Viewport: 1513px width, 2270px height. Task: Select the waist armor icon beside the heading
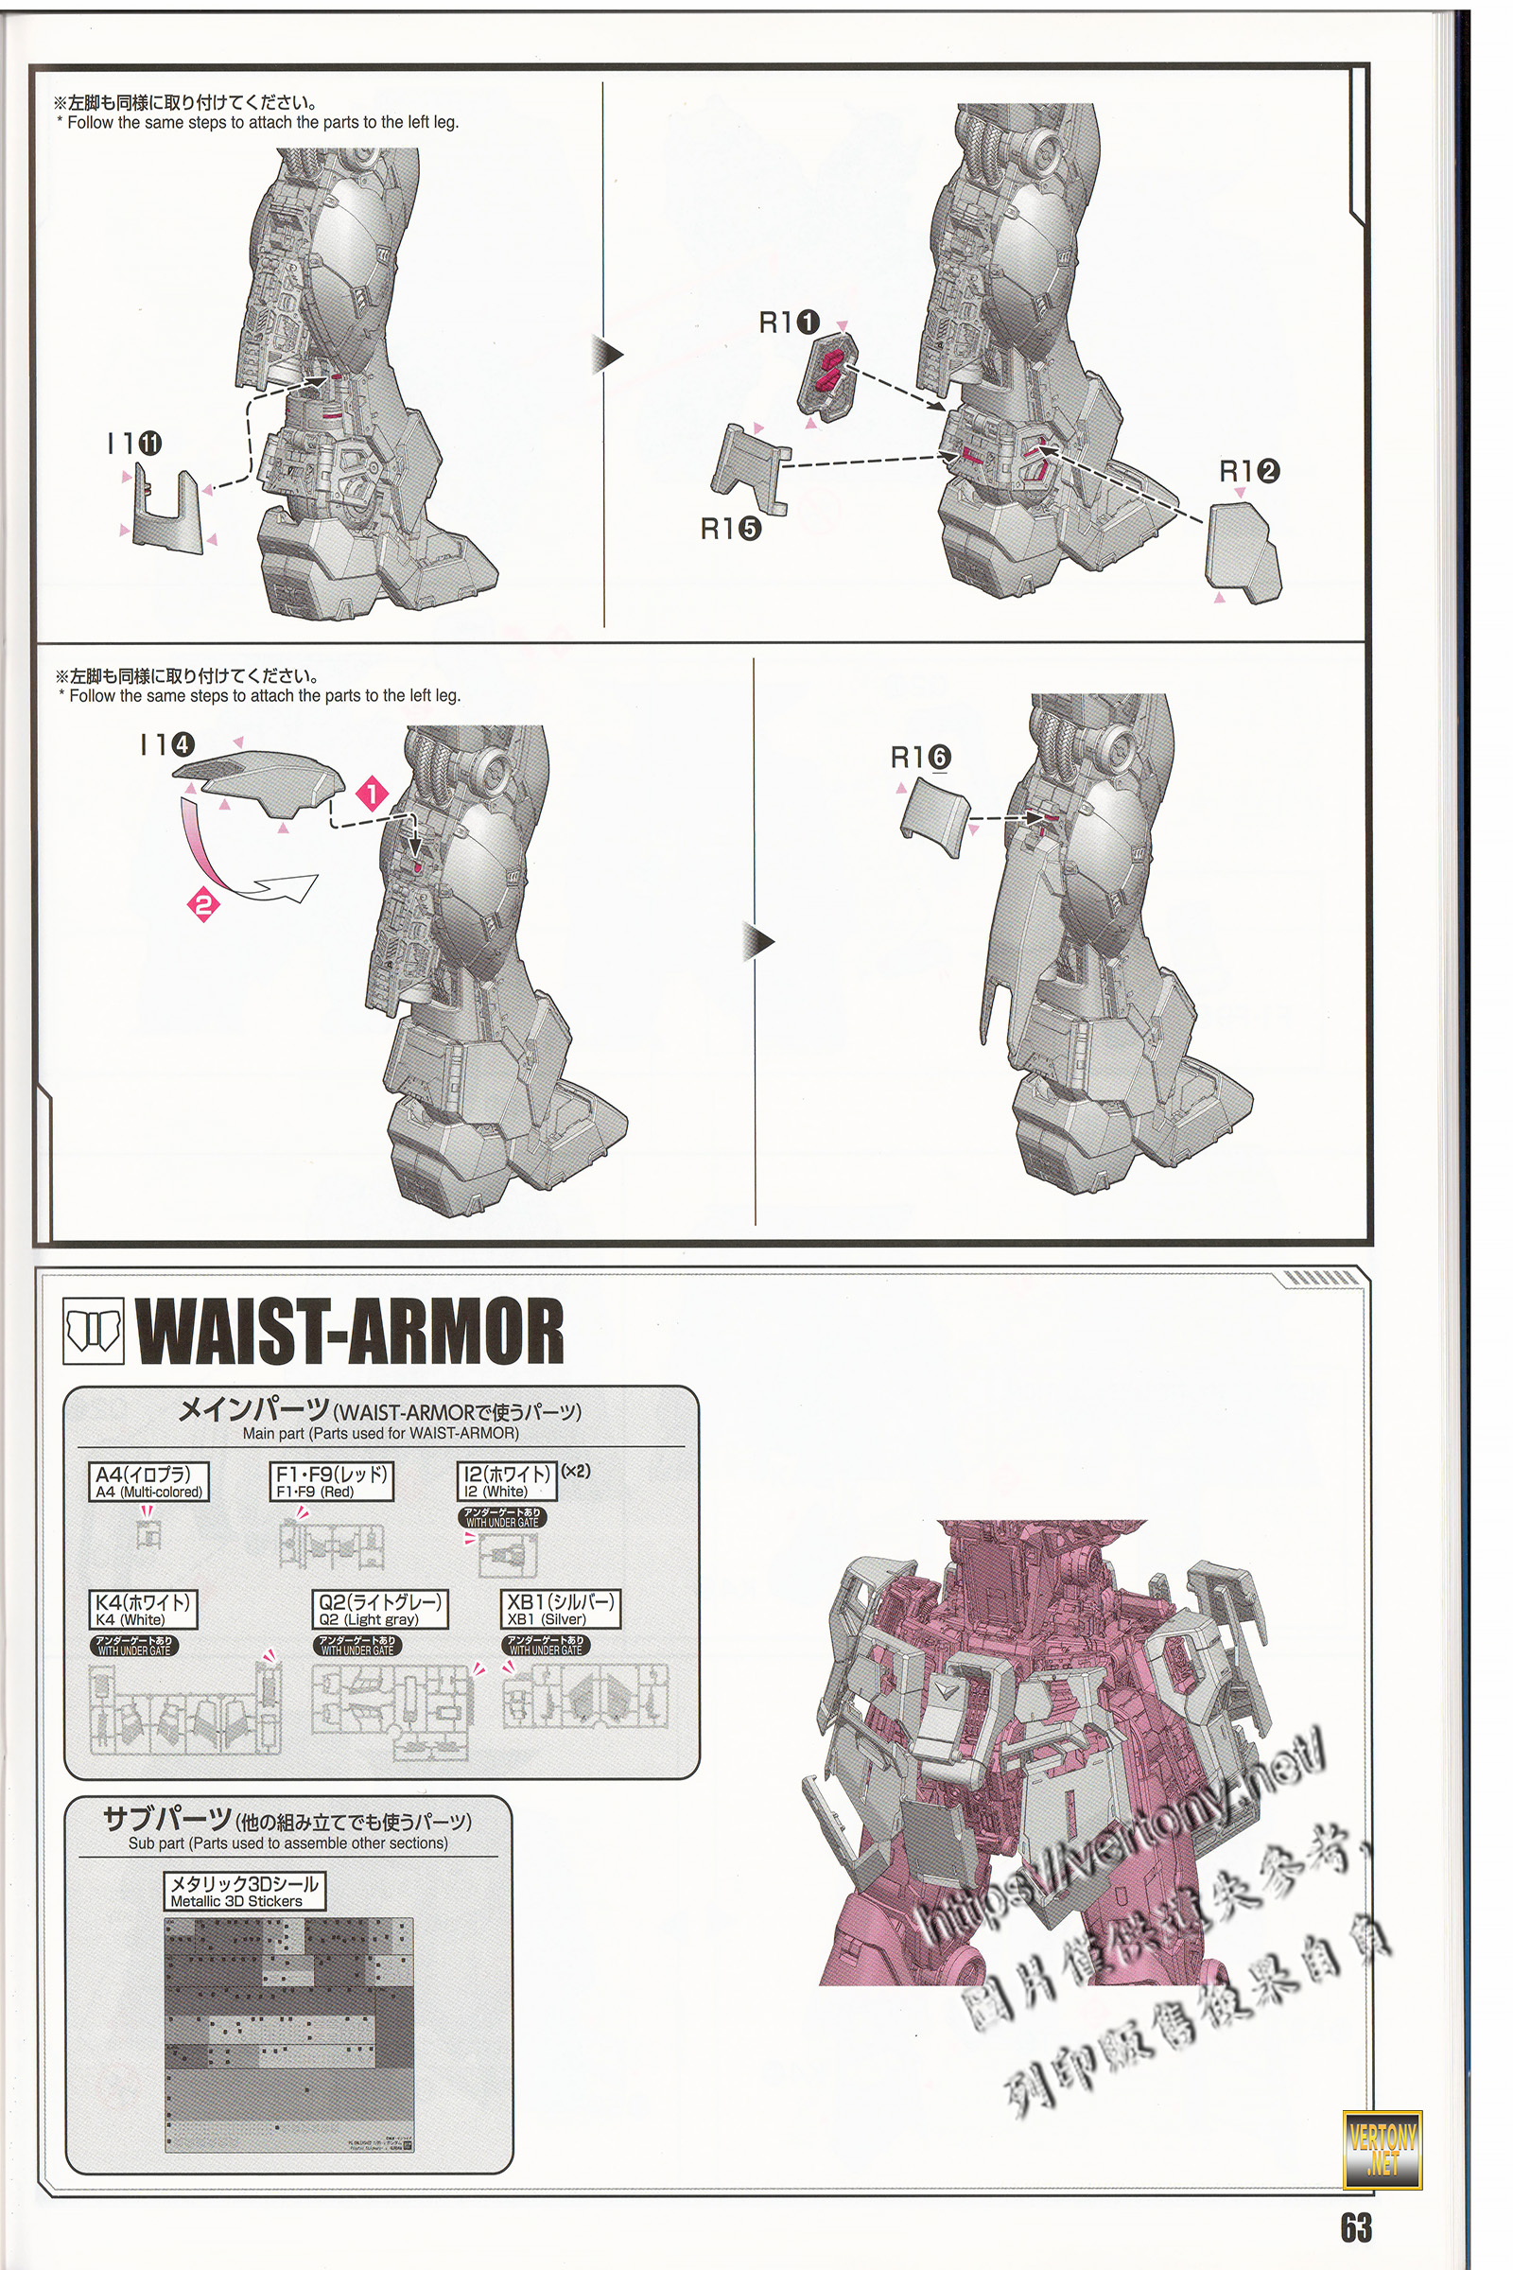point(94,1331)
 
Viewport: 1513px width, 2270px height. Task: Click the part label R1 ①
point(790,323)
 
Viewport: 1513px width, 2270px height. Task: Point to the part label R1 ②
point(1248,471)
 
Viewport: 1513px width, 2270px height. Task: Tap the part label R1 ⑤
point(730,528)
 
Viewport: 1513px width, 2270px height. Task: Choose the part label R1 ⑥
point(920,758)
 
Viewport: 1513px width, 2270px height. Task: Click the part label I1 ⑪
point(134,444)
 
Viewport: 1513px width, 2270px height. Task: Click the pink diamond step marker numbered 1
point(373,794)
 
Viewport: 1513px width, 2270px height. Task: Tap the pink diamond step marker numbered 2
point(204,905)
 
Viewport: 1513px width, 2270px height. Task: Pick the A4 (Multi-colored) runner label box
point(148,1481)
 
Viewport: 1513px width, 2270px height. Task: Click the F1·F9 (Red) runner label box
point(331,1481)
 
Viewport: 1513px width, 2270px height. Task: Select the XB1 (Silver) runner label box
point(561,1609)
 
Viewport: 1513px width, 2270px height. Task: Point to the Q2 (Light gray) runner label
point(380,1609)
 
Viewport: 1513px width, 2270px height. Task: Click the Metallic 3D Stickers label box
point(244,1892)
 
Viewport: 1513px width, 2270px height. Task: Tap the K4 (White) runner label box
point(142,1609)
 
